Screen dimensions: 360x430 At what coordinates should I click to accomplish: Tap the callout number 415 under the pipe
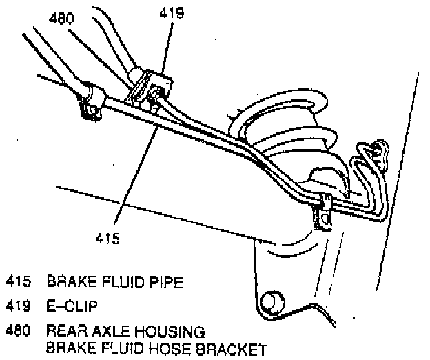[x=107, y=239]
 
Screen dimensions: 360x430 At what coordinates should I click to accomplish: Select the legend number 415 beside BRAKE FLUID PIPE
[x=19, y=282]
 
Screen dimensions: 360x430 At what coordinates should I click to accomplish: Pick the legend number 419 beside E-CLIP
[x=19, y=306]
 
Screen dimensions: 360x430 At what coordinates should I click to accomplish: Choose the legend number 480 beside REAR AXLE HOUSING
[x=19, y=330]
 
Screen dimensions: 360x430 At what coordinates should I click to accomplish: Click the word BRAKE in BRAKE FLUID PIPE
[x=68, y=282]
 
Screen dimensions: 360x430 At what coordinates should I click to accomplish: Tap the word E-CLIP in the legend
[x=72, y=306]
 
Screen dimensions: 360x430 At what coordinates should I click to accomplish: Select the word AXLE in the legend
[x=105, y=330]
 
